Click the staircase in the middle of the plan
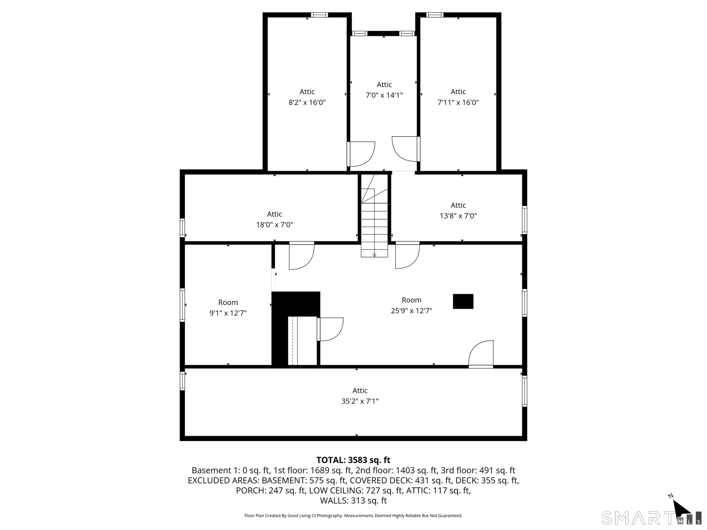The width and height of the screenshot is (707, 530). point(374,216)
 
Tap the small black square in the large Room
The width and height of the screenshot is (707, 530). point(463,301)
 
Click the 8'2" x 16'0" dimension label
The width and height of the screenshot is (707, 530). point(307,103)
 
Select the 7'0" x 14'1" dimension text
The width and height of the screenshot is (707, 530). point(384,95)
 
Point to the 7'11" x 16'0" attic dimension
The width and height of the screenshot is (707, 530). point(458,103)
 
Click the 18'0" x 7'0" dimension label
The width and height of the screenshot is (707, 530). point(275,225)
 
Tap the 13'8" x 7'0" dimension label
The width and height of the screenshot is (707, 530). point(458,216)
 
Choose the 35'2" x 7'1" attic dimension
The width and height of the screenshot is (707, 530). point(360,401)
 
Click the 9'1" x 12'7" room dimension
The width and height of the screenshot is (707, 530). point(228,313)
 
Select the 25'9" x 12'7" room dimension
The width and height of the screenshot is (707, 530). point(411,311)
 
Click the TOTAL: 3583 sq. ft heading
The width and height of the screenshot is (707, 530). point(353,460)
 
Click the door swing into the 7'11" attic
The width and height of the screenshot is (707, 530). point(406,149)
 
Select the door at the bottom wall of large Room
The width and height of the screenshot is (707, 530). point(481,354)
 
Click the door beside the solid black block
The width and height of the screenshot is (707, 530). point(330,329)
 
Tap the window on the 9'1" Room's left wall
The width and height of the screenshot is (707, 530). point(182,305)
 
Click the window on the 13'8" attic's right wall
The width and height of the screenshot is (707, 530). point(525,220)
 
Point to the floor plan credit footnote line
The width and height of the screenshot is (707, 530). point(353,516)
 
